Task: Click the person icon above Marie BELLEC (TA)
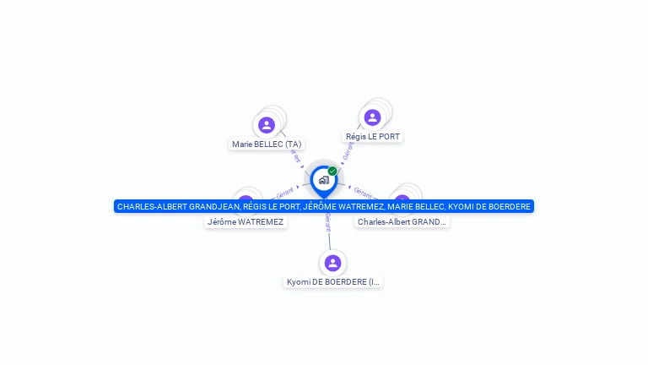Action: point(267,125)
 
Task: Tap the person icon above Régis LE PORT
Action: point(372,117)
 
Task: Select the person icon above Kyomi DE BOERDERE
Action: point(332,263)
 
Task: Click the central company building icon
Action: point(323,180)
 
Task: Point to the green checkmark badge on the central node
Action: point(332,171)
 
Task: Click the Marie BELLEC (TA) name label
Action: point(267,144)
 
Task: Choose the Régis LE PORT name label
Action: point(373,136)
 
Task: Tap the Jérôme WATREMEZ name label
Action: point(246,222)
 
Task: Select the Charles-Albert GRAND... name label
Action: point(402,222)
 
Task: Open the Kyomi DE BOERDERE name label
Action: point(332,282)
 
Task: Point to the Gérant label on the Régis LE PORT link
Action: point(348,150)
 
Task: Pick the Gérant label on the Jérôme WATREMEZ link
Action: point(285,193)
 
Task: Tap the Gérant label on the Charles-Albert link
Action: point(363,193)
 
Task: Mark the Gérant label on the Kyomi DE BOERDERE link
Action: point(327,221)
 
